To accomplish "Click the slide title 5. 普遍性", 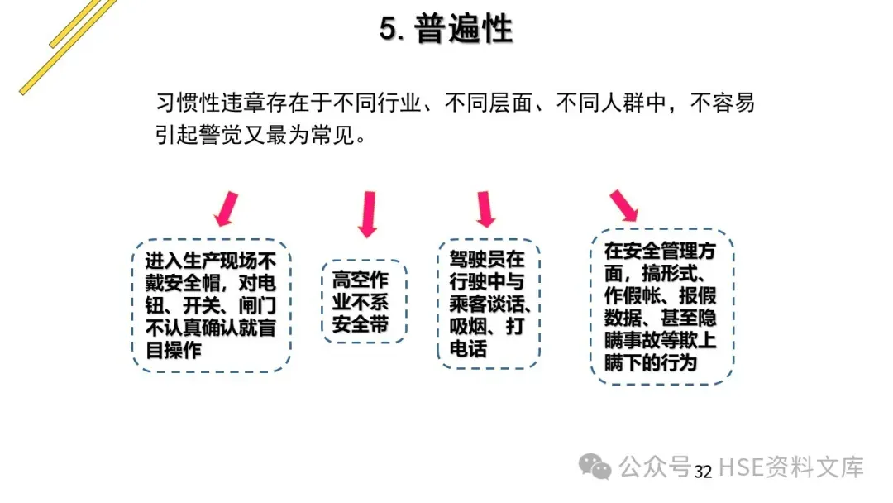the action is pyautogui.click(x=446, y=29).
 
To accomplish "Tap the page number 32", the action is pyautogui.click(x=703, y=472).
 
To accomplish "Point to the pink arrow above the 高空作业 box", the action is pyautogui.click(x=367, y=213).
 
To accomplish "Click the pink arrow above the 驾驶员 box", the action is pyautogui.click(x=485, y=208).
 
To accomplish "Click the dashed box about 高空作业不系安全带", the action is pyautogui.click(x=365, y=301).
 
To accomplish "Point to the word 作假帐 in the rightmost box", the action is pyautogui.click(x=633, y=296).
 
